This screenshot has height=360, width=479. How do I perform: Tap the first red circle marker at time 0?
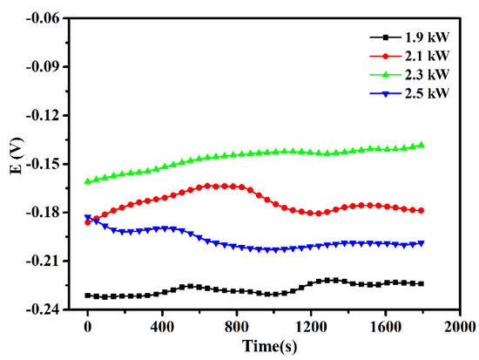[87, 222]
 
